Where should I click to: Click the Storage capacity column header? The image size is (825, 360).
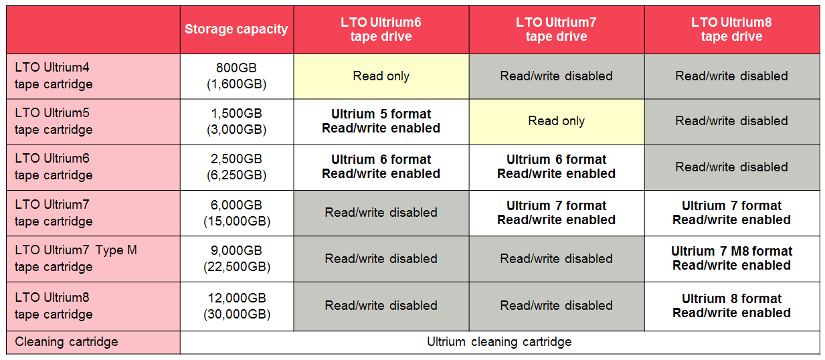(236, 29)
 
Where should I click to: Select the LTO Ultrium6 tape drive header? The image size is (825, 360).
(381, 29)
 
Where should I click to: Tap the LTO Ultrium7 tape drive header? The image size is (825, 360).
(557, 29)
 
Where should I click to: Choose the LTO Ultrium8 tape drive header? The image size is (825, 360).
(732, 29)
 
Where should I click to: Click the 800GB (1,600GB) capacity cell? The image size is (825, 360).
(236, 76)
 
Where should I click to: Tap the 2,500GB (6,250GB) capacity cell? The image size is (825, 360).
(236, 167)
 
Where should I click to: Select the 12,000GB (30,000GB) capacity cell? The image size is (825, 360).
(236, 306)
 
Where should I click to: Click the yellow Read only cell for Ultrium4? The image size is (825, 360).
(381, 76)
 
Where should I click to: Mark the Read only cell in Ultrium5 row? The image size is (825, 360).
(557, 122)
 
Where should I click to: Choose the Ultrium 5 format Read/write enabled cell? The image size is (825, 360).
(381, 122)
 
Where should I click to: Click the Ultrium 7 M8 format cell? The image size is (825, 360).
(732, 259)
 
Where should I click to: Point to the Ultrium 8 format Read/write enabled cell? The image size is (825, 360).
(732, 306)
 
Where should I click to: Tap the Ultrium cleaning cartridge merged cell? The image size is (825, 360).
(500, 343)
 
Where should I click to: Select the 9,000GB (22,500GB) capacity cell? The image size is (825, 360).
(236, 259)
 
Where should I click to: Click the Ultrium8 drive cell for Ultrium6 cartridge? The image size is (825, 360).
(732, 167)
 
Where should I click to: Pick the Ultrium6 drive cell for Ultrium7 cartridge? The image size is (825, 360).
(381, 213)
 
